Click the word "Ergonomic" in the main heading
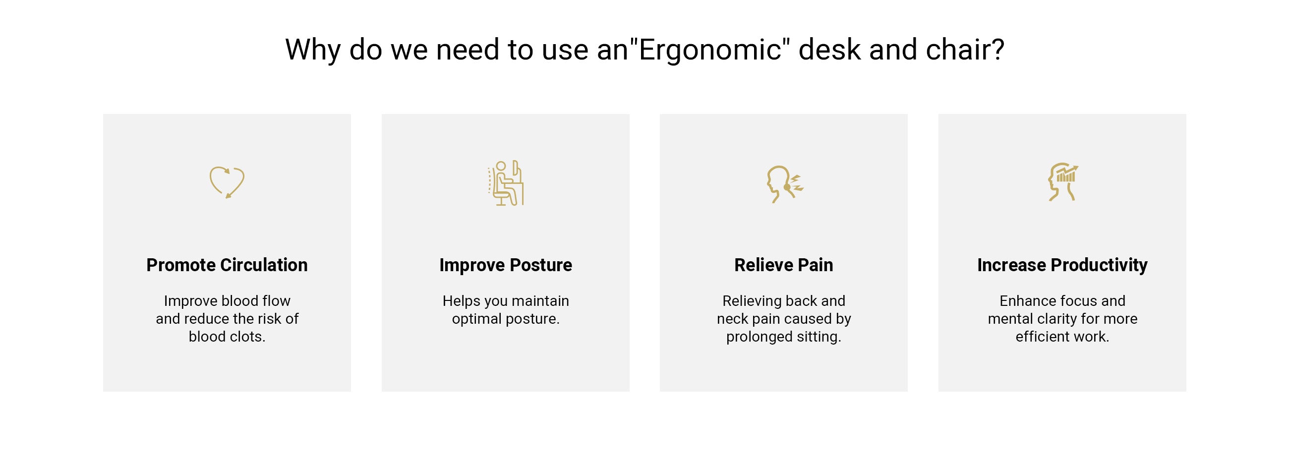pos(710,50)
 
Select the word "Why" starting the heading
pos(313,50)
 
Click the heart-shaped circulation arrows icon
pos(227,182)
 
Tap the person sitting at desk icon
pos(505,183)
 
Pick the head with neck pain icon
pos(784,184)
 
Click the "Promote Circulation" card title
pos(227,265)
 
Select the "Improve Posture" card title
pos(505,265)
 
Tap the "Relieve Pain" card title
pos(784,265)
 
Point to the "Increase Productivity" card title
pos(1062,265)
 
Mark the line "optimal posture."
pos(505,319)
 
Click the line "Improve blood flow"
pos(227,301)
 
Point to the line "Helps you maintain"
pos(505,301)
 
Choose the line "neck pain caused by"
pos(784,319)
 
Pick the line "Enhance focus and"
pos(1062,301)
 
